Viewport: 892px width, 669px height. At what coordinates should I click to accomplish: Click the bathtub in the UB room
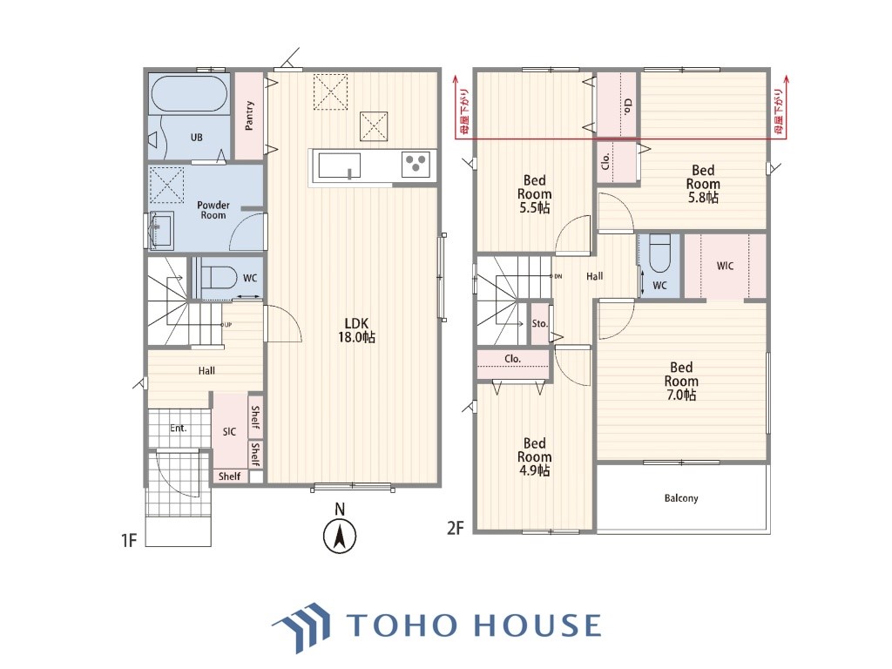click(189, 93)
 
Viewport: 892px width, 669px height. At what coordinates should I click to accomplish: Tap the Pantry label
click(249, 116)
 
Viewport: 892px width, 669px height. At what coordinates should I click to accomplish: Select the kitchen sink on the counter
click(340, 166)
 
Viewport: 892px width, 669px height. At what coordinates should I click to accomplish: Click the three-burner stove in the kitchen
click(416, 165)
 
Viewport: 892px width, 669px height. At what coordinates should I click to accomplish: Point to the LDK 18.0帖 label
click(356, 330)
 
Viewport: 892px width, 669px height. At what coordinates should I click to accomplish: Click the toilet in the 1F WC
click(219, 277)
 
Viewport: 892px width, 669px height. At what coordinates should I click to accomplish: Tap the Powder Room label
click(213, 210)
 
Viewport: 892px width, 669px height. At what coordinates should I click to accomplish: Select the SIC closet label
click(229, 431)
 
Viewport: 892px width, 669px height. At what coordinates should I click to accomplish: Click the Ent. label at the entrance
click(178, 428)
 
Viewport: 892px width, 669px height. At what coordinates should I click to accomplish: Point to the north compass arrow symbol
click(340, 536)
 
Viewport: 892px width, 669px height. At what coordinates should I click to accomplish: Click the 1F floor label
click(129, 539)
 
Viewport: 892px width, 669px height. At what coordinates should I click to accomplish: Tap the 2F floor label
click(455, 528)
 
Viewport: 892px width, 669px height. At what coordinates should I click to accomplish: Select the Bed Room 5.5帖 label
click(534, 194)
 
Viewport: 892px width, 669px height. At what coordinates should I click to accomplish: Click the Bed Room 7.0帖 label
click(681, 381)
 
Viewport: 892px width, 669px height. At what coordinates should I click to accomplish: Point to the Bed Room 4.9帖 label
click(534, 456)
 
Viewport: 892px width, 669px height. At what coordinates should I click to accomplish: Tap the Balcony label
click(681, 498)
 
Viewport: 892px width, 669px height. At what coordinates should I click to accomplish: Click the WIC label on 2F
click(725, 266)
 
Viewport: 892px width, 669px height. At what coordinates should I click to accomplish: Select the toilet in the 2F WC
click(660, 253)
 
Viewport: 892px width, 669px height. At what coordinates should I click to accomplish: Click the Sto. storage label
click(539, 324)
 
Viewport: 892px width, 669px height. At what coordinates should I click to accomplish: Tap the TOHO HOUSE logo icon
click(301, 626)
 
